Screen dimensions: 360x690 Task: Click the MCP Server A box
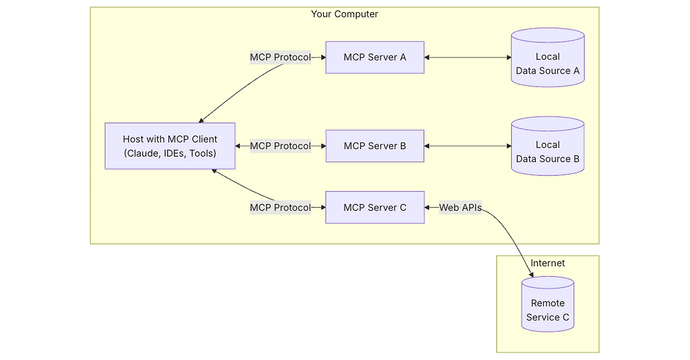click(375, 57)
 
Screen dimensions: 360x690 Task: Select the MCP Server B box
click(375, 146)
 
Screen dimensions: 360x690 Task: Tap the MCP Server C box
click(375, 207)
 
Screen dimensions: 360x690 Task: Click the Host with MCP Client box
click(170, 146)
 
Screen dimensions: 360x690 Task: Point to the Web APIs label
click(460, 207)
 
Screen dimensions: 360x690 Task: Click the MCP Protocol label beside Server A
click(280, 57)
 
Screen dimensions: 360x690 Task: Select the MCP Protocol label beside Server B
click(280, 146)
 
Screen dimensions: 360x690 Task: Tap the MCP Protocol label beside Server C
click(280, 207)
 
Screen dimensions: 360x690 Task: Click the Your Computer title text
click(344, 14)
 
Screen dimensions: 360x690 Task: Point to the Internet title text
click(548, 263)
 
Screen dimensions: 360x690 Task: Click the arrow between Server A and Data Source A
click(467, 57)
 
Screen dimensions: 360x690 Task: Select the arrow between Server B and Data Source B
click(467, 146)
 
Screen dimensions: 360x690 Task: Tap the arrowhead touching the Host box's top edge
click(202, 120)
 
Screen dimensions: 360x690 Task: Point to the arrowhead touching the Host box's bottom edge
click(214, 171)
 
